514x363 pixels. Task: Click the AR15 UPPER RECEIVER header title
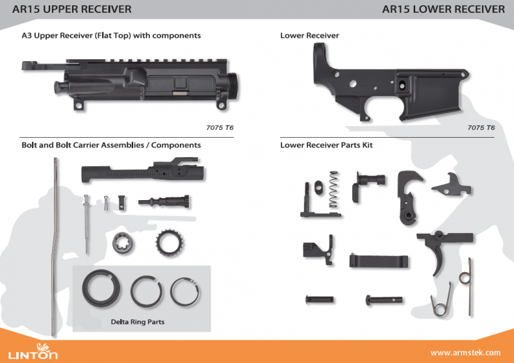coord(67,9)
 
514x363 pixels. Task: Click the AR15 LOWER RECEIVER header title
coord(443,9)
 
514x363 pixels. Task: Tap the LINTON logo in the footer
coord(33,353)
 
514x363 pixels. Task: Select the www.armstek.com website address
coord(465,353)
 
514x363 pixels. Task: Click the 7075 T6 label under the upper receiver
coord(220,128)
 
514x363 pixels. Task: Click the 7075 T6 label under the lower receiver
coord(481,128)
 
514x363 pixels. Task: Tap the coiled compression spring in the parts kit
coord(333,189)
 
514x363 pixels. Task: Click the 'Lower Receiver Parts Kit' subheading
coord(326,145)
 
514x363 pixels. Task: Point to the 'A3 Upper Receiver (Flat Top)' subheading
coord(111,36)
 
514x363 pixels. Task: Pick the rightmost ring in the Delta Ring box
coord(186,292)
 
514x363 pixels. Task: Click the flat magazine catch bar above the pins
coord(379,261)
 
